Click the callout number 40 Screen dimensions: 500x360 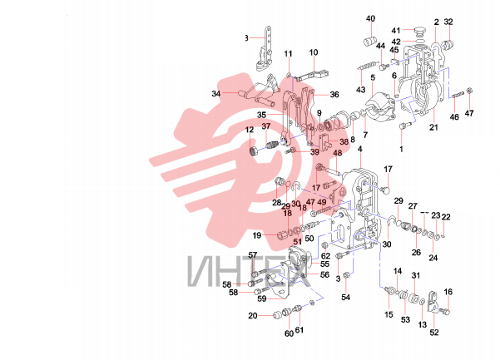[x=370, y=19]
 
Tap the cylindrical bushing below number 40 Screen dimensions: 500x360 [x=369, y=42]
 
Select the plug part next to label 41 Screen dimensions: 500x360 [x=419, y=31]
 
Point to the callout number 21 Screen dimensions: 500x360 [x=433, y=127]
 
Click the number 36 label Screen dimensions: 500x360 [x=334, y=95]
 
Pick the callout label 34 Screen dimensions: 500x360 [x=216, y=94]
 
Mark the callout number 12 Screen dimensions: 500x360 [x=250, y=130]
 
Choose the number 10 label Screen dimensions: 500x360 [x=314, y=52]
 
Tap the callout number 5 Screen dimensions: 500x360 [x=373, y=78]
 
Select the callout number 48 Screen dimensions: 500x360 [x=338, y=153]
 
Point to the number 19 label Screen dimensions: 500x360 [x=257, y=236]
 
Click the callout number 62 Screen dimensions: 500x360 [x=325, y=256]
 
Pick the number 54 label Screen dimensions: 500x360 [x=345, y=298]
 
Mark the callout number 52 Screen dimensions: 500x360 [x=434, y=333]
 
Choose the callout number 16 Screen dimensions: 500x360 [x=448, y=292]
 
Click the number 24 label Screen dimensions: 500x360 [x=433, y=258]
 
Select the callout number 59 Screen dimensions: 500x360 [x=261, y=298]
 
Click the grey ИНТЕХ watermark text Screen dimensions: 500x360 [x=249, y=271]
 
